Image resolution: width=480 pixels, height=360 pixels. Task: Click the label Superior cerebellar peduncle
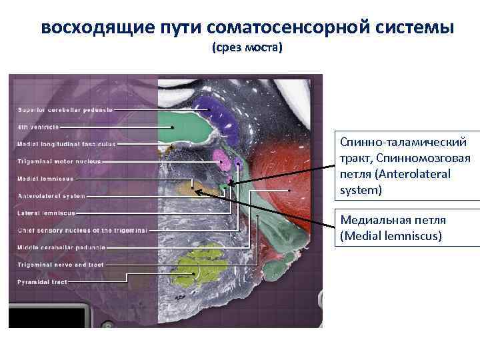[x=65, y=109]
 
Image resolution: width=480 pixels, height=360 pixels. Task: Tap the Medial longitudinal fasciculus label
[x=66, y=144]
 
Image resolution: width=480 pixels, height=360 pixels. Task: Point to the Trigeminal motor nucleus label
[x=59, y=161]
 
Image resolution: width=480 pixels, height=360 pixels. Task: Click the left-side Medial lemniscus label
[x=45, y=179]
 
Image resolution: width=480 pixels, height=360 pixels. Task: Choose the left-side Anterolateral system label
[x=51, y=196]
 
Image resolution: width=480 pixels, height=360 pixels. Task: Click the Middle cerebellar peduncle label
[x=62, y=248]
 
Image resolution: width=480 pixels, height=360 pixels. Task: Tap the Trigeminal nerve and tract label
[x=59, y=265]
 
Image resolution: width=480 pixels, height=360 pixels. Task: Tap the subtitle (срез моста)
[x=247, y=49]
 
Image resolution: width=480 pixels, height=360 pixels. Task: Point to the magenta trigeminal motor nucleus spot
[x=221, y=159]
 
